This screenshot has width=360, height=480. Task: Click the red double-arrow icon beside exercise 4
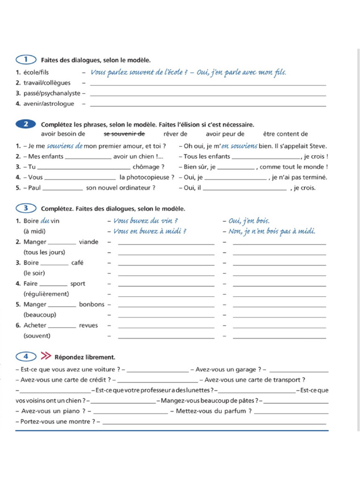click(46, 356)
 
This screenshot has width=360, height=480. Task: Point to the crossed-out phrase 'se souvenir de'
click(124, 134)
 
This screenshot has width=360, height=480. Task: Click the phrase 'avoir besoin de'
click(63, 134)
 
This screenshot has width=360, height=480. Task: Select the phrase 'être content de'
click(285, 134)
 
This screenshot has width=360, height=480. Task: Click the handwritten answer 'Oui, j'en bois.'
click(249, 221)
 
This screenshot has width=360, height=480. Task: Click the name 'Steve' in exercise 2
click(318, 146)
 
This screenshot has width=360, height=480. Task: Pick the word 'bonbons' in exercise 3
click(91, 304)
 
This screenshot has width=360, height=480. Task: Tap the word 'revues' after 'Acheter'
click(89, 325)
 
